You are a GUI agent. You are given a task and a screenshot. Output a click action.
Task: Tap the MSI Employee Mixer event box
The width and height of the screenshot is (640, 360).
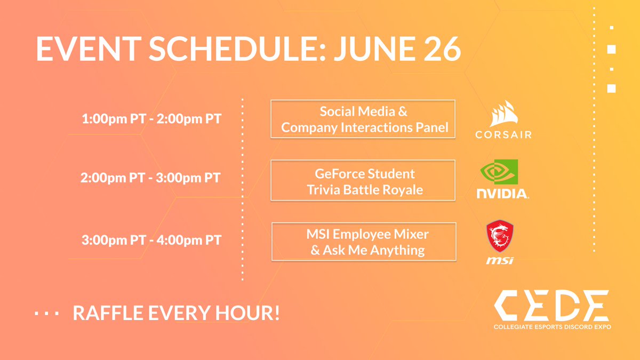[x=364, y=242]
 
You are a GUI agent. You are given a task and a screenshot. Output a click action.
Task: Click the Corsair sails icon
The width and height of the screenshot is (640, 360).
[x=503, y=115]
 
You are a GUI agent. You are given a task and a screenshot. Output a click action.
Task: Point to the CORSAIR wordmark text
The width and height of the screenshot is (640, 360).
[x=503, y=134]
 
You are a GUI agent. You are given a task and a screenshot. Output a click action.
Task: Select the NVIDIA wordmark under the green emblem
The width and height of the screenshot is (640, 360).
[x=501, y=193]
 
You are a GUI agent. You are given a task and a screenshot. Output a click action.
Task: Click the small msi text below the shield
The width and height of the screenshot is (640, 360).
[x=500, y=260]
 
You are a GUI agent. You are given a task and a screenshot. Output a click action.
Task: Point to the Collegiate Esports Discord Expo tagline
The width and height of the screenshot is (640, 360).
[x=551, y=326]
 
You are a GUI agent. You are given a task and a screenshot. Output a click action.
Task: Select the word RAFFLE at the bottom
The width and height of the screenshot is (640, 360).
[x=106, y=314]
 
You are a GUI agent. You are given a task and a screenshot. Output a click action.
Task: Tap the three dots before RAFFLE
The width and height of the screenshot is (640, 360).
[x=47, y=314]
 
